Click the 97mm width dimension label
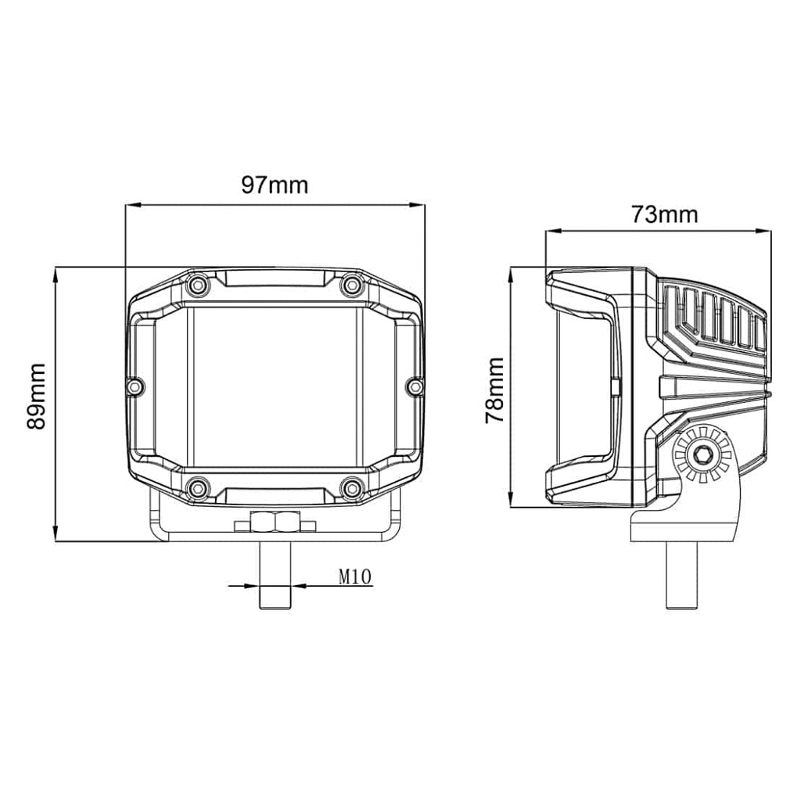(275, 185)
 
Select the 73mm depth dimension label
(664, 214)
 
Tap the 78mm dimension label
(494, 390)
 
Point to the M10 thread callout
(354, 577)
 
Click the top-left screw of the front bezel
(198, 285)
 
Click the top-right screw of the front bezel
(351, 285)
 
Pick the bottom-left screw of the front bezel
(198, 488)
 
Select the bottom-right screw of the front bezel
(351, 488)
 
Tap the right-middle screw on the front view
(415, 386)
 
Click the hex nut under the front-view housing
(275, 521)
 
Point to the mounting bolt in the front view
(275, 579)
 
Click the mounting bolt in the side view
(681, 575)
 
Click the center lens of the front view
(275, 386)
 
